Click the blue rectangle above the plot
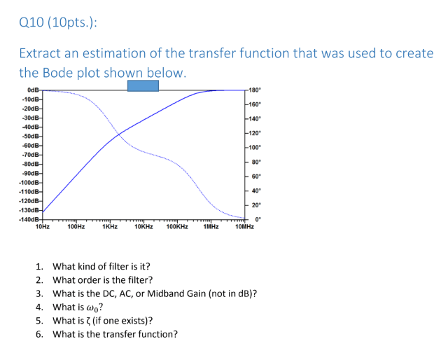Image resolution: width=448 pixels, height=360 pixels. click(x=142, y=85)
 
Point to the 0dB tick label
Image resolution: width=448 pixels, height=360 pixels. click(x=33, y=90)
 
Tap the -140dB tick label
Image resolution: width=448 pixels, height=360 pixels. click(x=29, y=219)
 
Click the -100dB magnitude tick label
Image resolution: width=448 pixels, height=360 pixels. click(x=29, y=182)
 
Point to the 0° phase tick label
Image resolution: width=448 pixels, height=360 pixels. click(x=258, y=219)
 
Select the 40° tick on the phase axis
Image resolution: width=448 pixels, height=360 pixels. click(x=255, y=191)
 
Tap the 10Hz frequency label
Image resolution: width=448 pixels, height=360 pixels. click(x=42, y=227)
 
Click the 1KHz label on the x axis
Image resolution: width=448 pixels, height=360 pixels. click(x=109, y=227)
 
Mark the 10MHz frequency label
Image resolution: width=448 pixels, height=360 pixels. click(x=244, y=227)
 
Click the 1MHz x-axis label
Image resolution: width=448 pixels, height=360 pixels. click(x=211, y=227)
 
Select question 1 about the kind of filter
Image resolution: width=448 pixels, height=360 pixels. click(x=101, y=267)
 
